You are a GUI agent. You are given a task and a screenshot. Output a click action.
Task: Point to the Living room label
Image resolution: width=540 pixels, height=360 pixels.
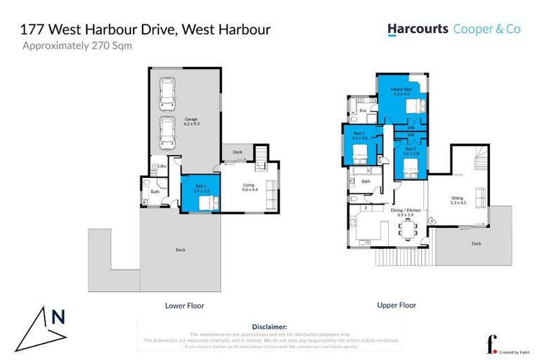pyautogui.click(x=250, y=187)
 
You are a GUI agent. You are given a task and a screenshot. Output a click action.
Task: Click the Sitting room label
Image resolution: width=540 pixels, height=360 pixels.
pyautogui.click(x=457, y=202)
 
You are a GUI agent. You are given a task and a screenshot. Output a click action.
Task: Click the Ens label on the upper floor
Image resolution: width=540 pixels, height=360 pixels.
pyautogui.click(x=363, y=111)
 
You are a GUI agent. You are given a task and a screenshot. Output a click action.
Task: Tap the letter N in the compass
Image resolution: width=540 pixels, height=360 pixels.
pyautogui.click(x=58, y=316)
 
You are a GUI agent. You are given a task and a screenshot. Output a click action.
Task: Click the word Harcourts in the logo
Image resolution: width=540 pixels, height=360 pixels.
pyautogui.click(x=418, y=29)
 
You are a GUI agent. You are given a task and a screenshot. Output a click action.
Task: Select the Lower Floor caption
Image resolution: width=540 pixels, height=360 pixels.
pyautogui.click(x=184, y=306)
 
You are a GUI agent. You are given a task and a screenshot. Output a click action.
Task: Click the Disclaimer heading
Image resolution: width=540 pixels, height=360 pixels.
pyautogui.click(x=269, y=327)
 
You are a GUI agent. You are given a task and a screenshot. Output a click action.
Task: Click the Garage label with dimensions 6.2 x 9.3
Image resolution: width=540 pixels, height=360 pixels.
pyautogui.click(x=192, y=121)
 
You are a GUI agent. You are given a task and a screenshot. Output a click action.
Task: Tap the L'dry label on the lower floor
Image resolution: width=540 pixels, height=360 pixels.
pyautogui.click(x=161, y=167)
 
